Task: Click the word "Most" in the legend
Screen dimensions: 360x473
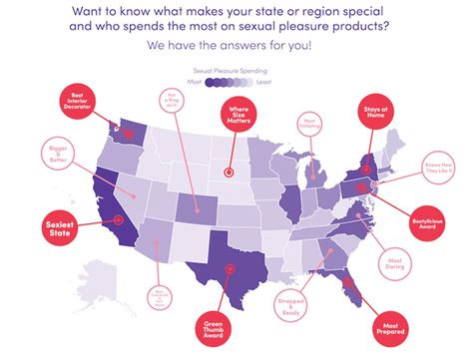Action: (x=195, y=85)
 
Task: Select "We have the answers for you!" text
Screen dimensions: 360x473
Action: (x=236, y=46)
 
